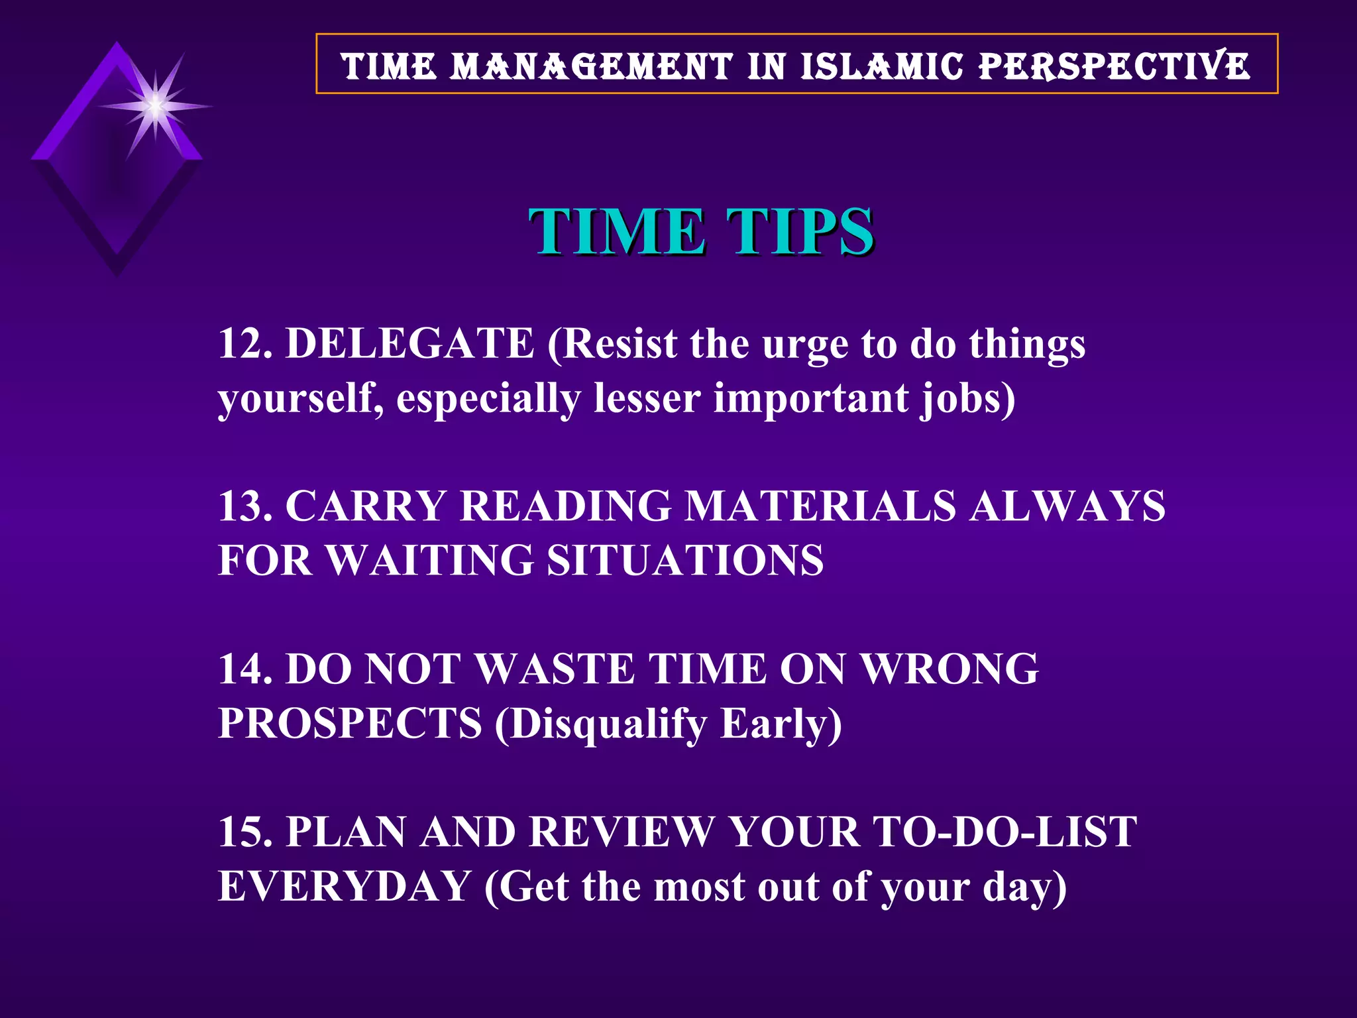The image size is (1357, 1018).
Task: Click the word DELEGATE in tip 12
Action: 409,343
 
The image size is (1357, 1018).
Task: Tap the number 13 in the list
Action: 242,506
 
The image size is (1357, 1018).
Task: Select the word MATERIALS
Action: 820,506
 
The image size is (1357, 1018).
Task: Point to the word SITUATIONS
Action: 685,560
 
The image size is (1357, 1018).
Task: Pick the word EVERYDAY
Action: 344,886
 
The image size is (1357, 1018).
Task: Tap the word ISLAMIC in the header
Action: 881,66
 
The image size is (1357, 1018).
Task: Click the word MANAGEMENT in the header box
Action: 591,66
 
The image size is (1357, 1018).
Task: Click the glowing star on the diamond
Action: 154,106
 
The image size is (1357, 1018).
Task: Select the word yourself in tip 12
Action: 300,399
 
